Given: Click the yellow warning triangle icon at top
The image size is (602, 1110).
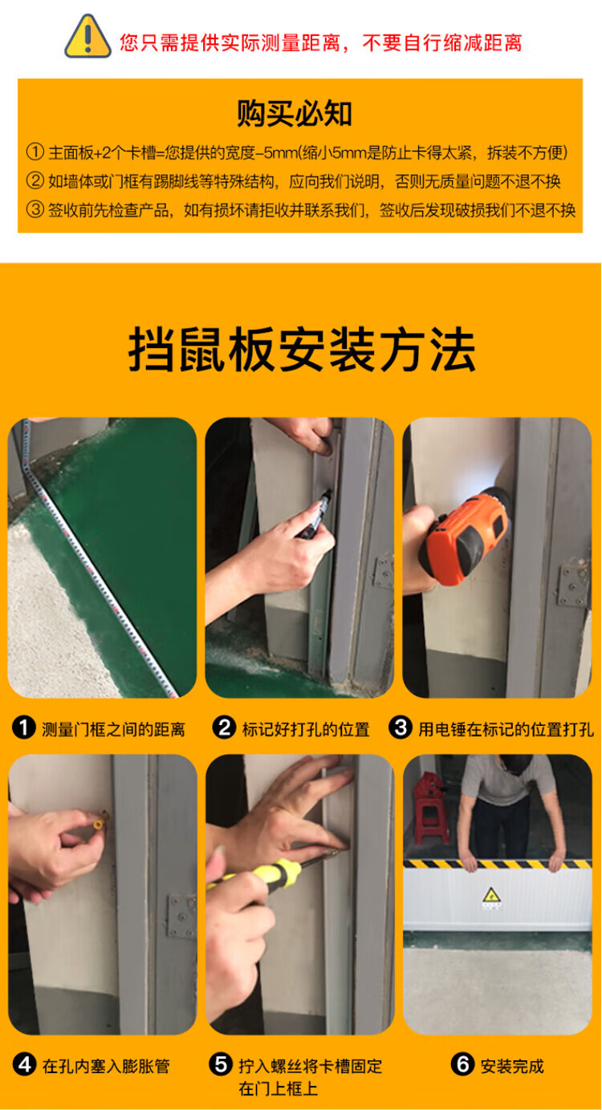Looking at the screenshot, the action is (87, 37).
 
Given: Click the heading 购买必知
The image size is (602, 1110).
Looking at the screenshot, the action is (295, 113).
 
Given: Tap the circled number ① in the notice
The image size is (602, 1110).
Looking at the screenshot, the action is (35, 152).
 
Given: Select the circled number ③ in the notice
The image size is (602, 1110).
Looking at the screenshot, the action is (35, 209).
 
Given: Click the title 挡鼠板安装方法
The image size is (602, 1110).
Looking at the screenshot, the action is (302, 350).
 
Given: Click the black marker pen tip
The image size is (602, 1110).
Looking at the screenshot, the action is (327, 493).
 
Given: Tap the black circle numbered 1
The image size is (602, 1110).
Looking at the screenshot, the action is (24, 728).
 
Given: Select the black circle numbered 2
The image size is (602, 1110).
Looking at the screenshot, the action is (224, 728).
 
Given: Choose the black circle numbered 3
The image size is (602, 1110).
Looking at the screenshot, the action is (401, 728).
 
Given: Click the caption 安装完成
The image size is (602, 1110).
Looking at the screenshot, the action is (512, 1065).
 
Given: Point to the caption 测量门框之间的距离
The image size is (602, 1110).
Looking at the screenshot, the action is (113, 729).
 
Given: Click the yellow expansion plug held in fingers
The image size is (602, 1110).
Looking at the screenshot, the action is (100, 820).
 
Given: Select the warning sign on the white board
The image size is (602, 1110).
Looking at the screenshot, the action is (491, 896).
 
